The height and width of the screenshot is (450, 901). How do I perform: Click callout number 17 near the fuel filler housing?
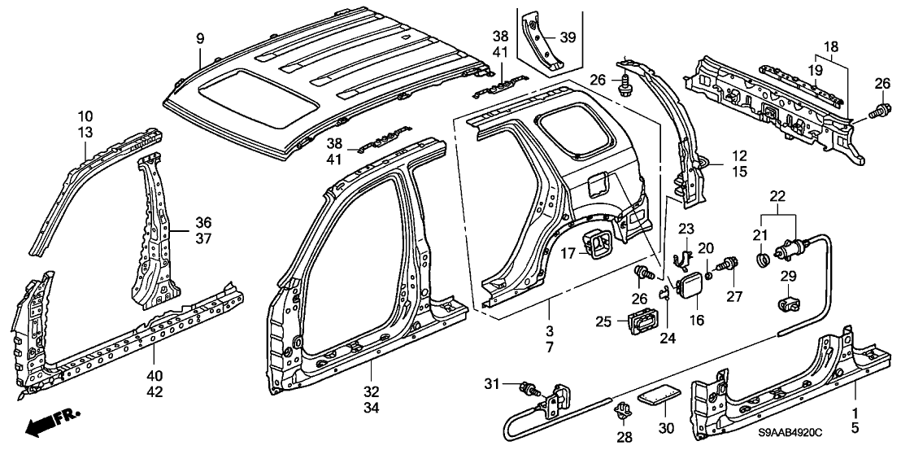pos(568,252)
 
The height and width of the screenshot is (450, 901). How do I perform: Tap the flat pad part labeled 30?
pos(656,395)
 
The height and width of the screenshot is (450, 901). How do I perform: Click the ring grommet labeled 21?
pos(764,260)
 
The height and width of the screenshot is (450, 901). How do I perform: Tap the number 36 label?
pos(202,221)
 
